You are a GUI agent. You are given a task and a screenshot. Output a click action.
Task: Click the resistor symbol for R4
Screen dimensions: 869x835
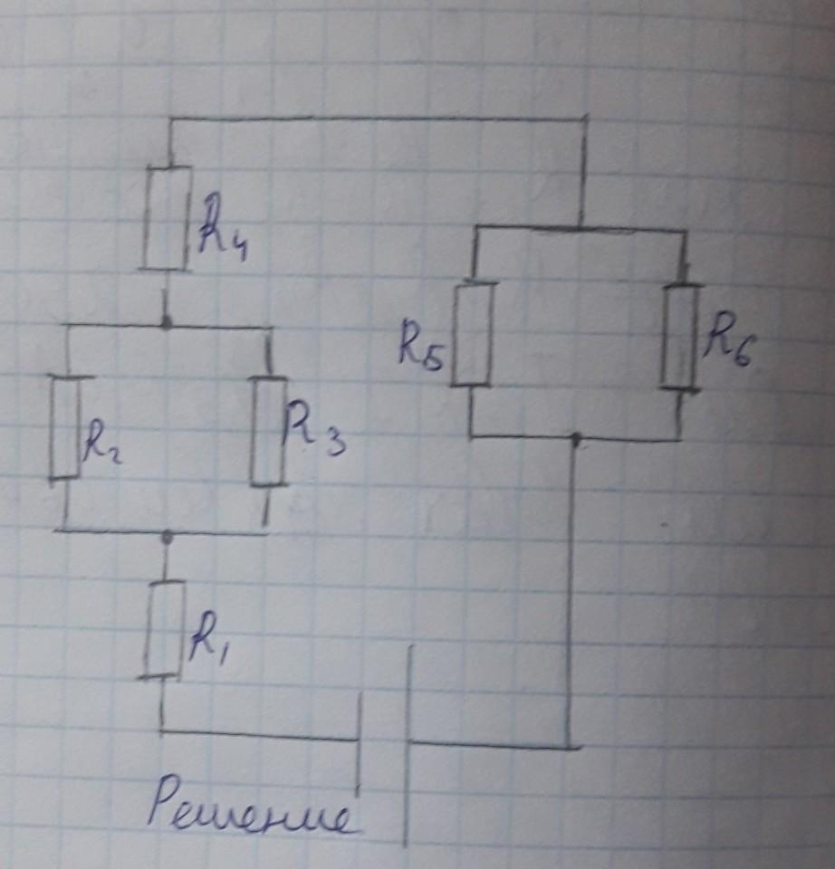(x=167, y=218)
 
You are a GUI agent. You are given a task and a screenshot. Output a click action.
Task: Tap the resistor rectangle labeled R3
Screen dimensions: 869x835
(x=268, y=430)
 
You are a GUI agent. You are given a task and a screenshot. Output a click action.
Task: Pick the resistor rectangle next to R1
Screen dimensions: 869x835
(x=164, y=629)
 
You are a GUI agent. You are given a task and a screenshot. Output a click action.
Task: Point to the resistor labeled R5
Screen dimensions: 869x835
(x=472, y=333)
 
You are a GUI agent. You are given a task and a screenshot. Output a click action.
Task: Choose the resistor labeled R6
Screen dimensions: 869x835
(x=681, y=336)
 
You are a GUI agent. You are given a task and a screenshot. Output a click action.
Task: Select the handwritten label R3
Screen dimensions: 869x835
(x=313, y=430)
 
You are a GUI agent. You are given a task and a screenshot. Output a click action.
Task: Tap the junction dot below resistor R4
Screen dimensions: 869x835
(x=165, y=322)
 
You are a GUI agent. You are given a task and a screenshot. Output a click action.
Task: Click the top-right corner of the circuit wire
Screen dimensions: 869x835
(x=586, y=118)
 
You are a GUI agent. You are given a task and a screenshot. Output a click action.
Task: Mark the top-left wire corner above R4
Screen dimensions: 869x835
(x=169, y=119)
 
